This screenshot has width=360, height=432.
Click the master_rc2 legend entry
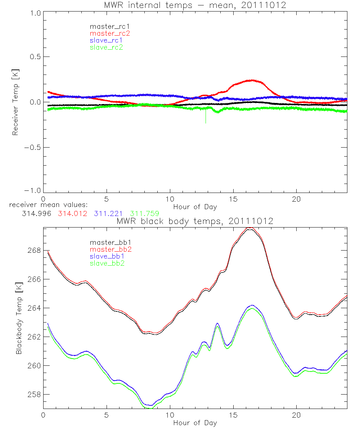click(x=109, y=33)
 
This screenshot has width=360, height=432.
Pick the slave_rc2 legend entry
click(x=106, y=47)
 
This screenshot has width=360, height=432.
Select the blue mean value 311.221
click(x=109, y=213)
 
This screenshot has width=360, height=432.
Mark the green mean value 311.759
click(x=145, y=213)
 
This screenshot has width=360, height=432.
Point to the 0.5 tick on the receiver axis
click(x=35, y=57)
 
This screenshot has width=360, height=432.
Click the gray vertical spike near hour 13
click(x=206, y=117)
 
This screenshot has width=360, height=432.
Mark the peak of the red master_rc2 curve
click(x=252, y=80)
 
